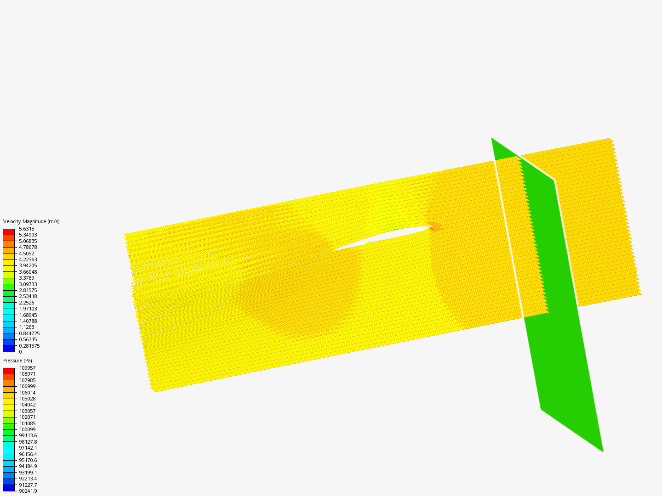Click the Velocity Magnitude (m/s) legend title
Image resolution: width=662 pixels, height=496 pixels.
pos(31,221)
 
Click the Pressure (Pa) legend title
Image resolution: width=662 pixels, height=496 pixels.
pos(17,361)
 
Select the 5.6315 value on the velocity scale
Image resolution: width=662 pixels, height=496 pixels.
pos(27,229)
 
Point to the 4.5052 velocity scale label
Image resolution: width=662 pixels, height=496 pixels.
pos(27,254)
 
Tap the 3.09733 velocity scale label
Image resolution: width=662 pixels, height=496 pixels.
pos(28,284)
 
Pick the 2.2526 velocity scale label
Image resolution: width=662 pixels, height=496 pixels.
pos(27,303)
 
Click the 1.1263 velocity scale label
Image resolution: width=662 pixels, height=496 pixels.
pos(27,327)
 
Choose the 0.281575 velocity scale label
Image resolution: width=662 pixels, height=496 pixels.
pos(29,346)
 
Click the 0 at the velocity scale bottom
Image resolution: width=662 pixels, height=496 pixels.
pos(20,352)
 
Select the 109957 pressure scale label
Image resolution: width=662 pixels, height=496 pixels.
pos(28,368)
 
